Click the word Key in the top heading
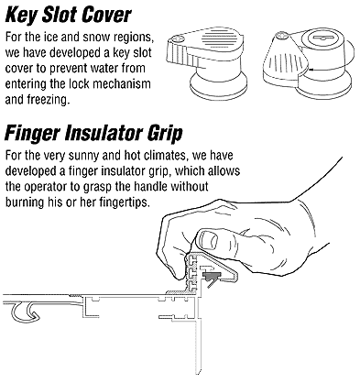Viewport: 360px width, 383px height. [21, 15]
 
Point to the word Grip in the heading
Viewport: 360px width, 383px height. [165, 134]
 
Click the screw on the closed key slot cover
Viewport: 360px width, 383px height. [178, 38]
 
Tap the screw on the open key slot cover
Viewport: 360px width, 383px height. [280, 35]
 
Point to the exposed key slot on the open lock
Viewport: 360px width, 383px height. [323, 38]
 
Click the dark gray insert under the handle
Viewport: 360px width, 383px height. [211, 277]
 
